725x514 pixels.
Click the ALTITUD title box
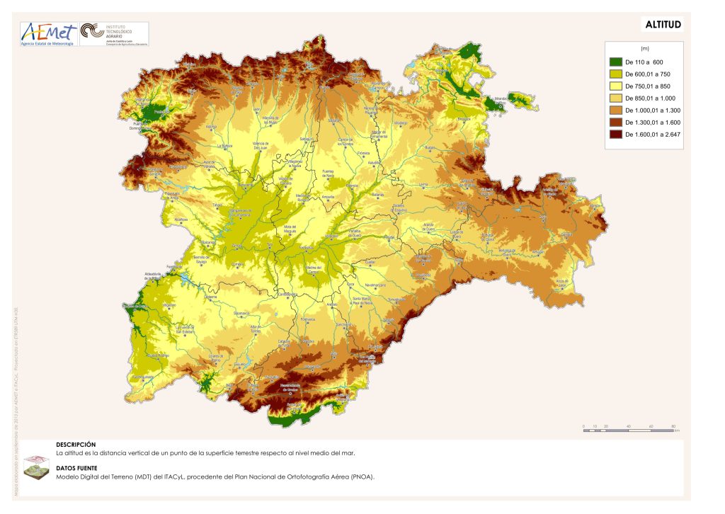pos(663,25)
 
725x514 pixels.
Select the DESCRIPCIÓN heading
pos(76,444)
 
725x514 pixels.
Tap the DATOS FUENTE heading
pos(77,468)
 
